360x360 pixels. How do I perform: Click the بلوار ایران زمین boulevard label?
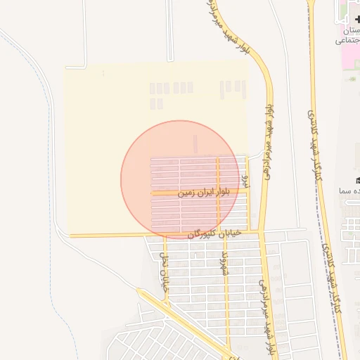[x=204, y=191]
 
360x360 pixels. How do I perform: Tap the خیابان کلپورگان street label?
[x=214, y=233]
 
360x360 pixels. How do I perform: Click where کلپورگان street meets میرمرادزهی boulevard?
[x=262, y=232]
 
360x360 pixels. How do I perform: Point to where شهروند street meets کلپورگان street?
[x=222, y=233]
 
